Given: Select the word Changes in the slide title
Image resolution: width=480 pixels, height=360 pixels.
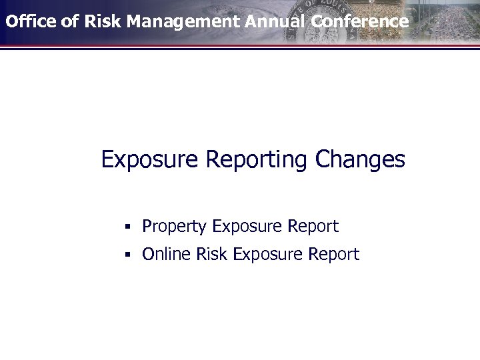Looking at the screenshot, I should (x=361, y=160).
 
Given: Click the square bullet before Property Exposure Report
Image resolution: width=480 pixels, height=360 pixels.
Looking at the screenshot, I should (x=126, y=227).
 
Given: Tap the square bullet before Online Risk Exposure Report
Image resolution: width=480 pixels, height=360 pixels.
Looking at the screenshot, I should (x=126, y=255).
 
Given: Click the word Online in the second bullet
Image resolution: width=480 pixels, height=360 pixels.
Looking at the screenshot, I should (x=166, y=254).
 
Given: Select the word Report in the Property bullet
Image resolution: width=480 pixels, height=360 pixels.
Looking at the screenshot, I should (x=313, y=227).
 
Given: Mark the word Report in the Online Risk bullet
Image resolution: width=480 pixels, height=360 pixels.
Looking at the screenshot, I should (x=334, y=255).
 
